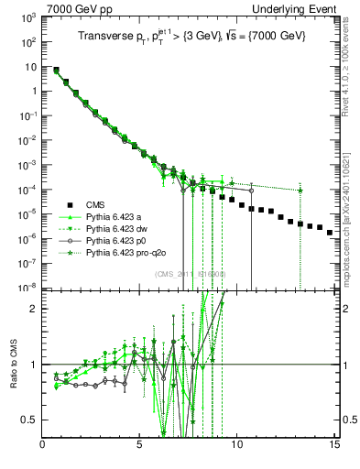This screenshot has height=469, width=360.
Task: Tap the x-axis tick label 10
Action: [x=237, y=447]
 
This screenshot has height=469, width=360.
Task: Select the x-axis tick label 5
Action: [x=140, y=447]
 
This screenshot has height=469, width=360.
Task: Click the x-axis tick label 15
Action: [x=333, y=447]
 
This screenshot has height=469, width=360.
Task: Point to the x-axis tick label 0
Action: [x=43, y=447]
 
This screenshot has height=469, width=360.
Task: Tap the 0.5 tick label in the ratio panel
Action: [x=28, y=420]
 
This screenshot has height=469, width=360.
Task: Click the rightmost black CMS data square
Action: [x=330, y=233]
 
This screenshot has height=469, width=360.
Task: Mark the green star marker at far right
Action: [x=300, y=190]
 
